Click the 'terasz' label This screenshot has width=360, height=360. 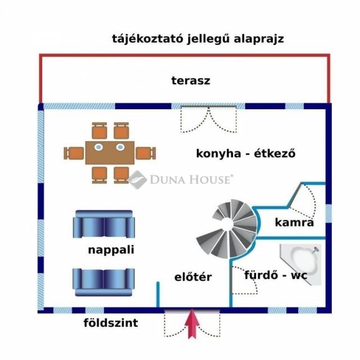click(x=190, y=80)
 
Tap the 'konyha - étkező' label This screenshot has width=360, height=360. click(x=246, y=153)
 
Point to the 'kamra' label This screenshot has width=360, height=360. click(x=294, y=222)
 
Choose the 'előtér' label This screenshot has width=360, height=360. click(x=192, y=277)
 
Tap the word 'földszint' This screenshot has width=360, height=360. click(x=111, y=323)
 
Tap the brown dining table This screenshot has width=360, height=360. click(x=110, y=152)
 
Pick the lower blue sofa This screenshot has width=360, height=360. click(x=103, y=281)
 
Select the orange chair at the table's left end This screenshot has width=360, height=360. click(x=74, y=152)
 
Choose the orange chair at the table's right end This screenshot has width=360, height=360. click(x=145, y=152)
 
